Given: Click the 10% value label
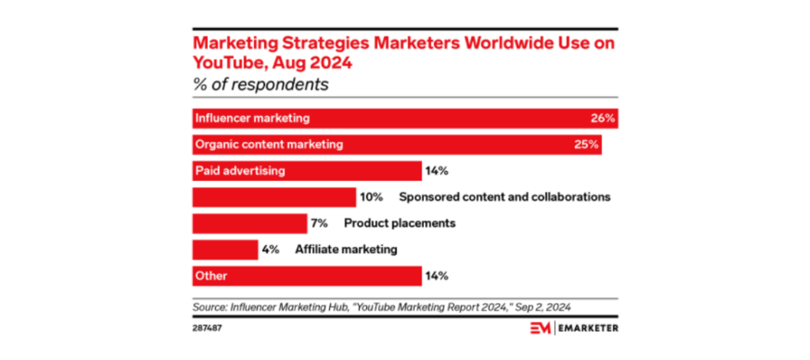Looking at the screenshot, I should [x=372, y=197].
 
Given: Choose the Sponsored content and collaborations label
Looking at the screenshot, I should [x=504, y=197].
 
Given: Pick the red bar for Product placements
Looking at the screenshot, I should [x=249, y=223].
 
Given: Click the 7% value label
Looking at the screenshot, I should [x=319, y=223].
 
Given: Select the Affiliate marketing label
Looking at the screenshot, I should [x=346, y=249].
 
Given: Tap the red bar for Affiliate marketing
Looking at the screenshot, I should [x=225, y=249].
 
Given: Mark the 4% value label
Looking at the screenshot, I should [x=271, y=249].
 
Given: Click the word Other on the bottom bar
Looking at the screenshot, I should [x=210, y=276].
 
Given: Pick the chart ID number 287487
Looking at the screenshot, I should [x=209, y=326].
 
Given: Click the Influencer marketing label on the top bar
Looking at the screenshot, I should [x=252, y=119].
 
